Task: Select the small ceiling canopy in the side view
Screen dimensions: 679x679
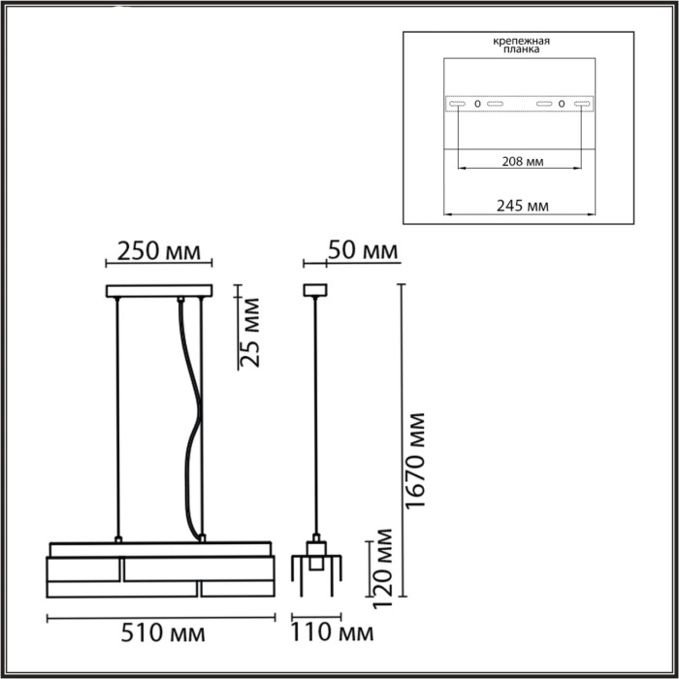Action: [313, 289]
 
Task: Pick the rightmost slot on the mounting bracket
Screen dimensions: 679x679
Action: [583, 103]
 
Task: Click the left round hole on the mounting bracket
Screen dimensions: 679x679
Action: [477, 103]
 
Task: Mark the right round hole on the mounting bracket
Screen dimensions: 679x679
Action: [562, 103]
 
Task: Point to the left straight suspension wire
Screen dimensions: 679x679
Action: [116, 417]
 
